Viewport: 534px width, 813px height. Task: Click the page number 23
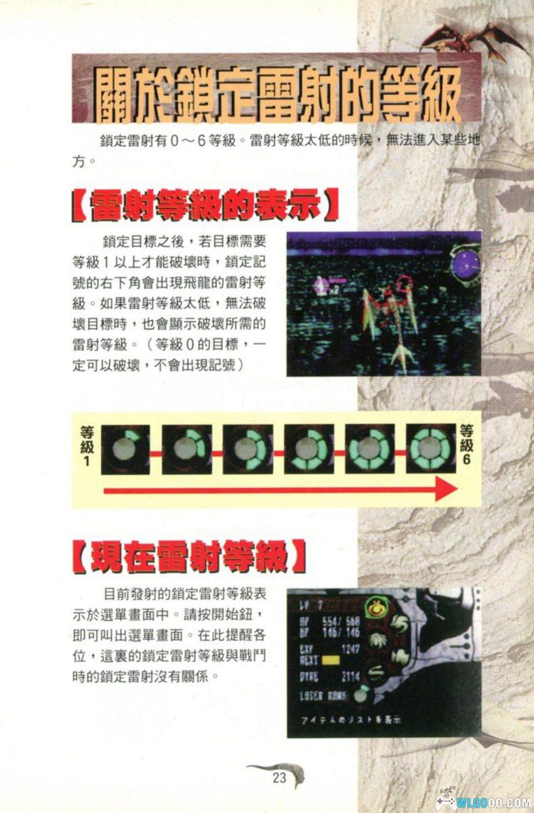point(279,778)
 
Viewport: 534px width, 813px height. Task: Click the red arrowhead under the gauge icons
point(445,488)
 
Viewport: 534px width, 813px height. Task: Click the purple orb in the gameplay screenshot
point(466,264)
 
